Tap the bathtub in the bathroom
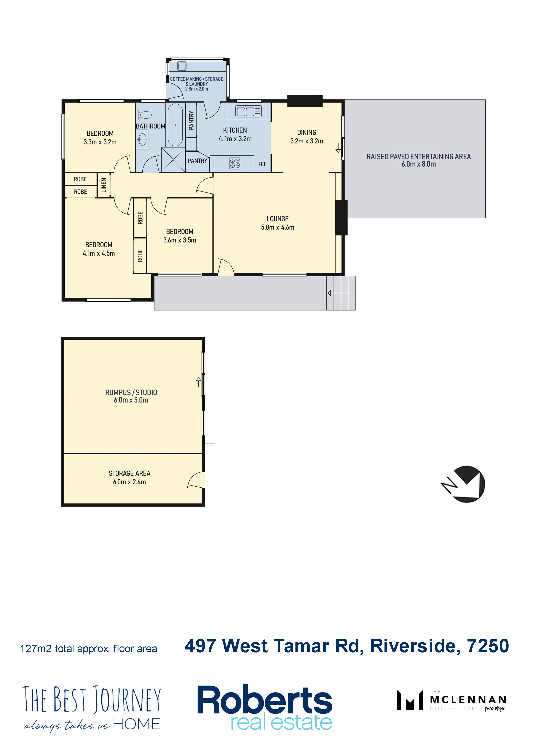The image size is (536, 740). tap(175, 125)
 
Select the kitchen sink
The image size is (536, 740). tap(248, 111)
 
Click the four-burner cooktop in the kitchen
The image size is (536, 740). tap(235, 163)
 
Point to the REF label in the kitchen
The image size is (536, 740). tap(262, 164)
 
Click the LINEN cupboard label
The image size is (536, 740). tap(104, 185)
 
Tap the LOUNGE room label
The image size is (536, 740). tap(278, 219)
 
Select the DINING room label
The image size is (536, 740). tap(306, 132)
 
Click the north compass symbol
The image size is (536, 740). tap(464, 484)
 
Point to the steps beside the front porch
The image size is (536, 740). tap(341, 293)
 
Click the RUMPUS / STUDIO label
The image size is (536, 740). tap(131, 393)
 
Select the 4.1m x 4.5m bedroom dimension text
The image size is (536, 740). tap(99, 253)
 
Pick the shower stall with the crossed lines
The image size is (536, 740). tap(173, 159)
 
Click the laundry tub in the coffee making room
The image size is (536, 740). tap(182, 66)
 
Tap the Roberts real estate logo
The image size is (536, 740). tap(265, 706)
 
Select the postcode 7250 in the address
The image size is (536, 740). tap(488, 646)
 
